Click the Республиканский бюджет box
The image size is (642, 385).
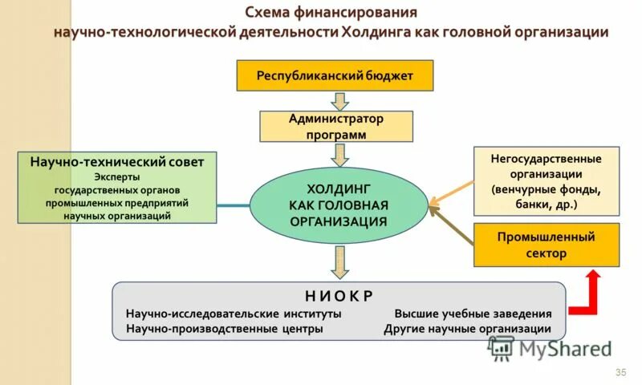coord(334,75)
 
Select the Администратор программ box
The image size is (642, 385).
coord(335,127)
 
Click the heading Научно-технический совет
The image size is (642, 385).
coord(117,162)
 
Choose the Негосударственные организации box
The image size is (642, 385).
coord(546,181)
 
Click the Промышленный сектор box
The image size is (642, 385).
coord(546,245)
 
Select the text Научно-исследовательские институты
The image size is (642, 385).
coord(234,314)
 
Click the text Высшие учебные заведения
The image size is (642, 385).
coord(473,314)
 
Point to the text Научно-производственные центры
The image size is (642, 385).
coord(225,329)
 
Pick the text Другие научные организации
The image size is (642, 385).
coord(467,329)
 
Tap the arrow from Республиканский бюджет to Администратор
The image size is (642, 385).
coord(340,101)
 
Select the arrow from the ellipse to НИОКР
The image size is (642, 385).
coord(340,261)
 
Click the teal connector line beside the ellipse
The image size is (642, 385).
coord(233,206)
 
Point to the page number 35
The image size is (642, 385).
coord(620,373)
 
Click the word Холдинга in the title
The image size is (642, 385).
coord(377,32)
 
